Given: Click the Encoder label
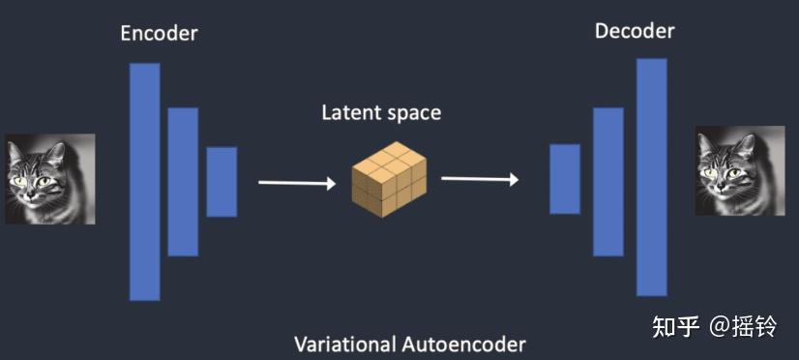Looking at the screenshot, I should (x=159, y=33).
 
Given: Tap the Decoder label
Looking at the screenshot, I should (x=635, y=31).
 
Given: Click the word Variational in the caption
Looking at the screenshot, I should (x=344, y=344).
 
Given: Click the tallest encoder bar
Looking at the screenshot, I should (x=145, y=181).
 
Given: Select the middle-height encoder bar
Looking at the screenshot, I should (x=183, y=181).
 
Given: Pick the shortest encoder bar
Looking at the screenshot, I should (x=222, y=181).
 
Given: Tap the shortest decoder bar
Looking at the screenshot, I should (x=565, y=179).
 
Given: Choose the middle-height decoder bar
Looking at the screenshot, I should (x=607, y=181).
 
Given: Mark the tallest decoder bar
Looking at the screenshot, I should (x=651, y=176).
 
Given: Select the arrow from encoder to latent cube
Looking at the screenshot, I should (x=295, y=181).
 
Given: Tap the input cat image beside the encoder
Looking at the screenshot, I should (x=49, y=179).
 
